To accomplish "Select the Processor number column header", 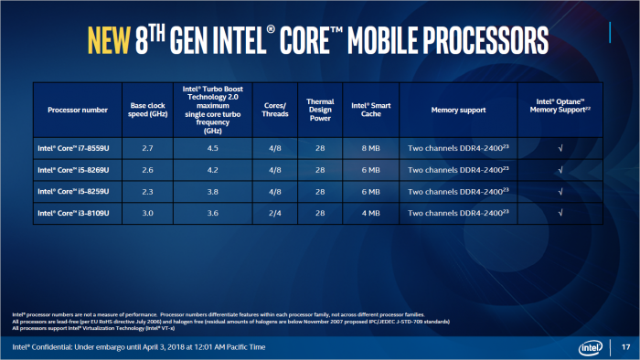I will (x=77, y=110).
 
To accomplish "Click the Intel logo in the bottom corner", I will (x=591, y=346).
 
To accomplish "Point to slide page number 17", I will (x=625, y=347).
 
